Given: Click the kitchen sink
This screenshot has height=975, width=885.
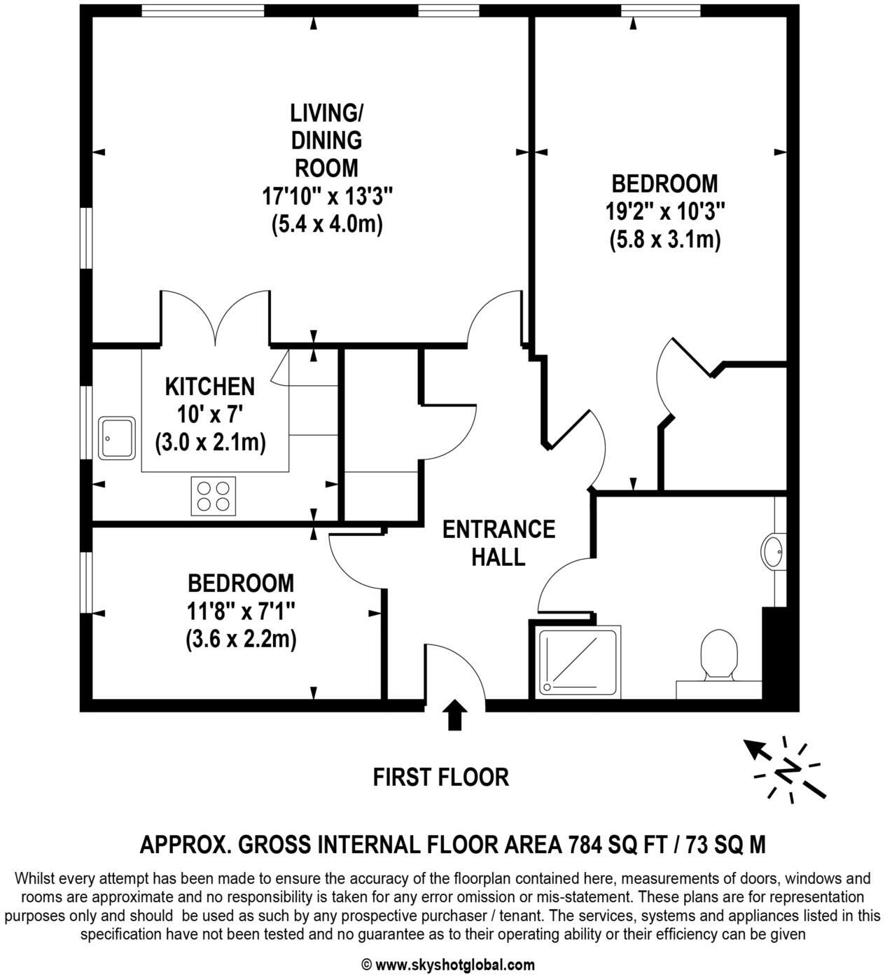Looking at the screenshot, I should coord(117,438).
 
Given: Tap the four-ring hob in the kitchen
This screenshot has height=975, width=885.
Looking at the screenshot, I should coord(213,496).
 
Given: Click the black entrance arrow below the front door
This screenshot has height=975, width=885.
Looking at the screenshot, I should coord(456,715).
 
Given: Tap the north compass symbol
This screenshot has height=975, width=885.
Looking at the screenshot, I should coord(786,768).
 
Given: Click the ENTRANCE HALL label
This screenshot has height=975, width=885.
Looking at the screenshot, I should coord(499,543).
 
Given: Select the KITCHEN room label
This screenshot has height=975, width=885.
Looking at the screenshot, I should coord(210,386).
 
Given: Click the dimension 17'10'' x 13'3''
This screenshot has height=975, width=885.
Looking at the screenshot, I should coord(327,196).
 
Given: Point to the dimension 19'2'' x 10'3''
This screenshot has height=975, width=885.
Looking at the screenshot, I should coord(664,211).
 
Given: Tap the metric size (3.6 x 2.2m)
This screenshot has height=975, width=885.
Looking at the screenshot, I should coord(241,639).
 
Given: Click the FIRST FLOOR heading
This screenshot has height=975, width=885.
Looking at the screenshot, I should coord(440,777).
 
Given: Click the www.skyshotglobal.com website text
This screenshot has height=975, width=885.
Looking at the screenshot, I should coord(455,964).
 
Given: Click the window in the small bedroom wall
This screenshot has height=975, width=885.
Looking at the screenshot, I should coord(86,582).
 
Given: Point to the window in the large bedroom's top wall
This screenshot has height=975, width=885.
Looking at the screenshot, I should coord(660,10).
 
